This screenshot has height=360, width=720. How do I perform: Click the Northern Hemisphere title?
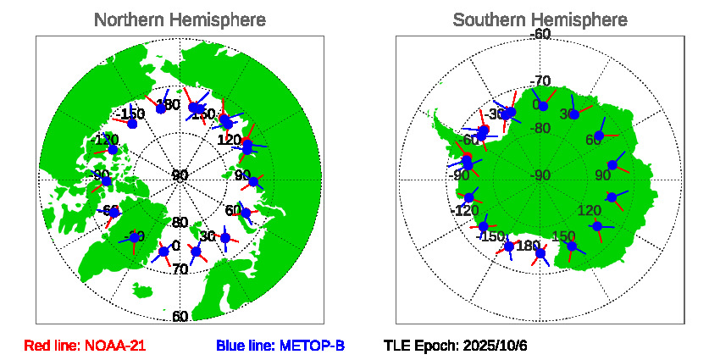point(179,19)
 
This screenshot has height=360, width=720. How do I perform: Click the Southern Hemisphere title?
point(540,19)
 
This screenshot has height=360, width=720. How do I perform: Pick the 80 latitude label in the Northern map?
point(180,223)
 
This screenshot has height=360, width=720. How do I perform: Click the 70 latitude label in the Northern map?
point(180,269)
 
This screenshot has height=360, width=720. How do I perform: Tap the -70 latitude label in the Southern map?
point(540,81)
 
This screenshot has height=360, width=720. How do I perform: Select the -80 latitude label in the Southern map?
point(540,129)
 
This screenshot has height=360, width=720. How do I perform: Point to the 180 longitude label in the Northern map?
point(169,105)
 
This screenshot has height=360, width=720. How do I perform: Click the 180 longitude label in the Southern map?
point(528,246)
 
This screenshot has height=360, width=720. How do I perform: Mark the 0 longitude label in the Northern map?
point(175,246)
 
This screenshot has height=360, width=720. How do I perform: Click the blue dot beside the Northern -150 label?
point(131,124)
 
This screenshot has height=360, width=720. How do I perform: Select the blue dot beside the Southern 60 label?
point(599,136)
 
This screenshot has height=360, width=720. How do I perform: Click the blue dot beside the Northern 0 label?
point(164,252)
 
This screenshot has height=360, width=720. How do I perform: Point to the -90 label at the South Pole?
point(540,175)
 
